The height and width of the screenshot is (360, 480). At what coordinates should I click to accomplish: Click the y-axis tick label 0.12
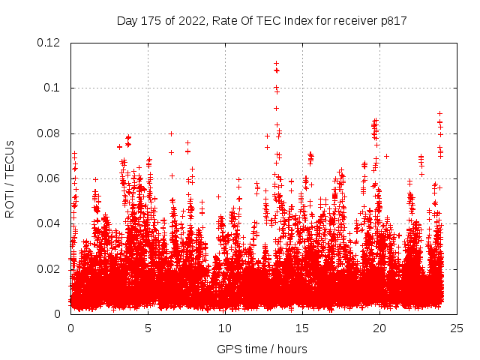tap(49, 43)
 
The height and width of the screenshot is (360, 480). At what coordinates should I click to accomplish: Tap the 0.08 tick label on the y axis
tap(49, 133)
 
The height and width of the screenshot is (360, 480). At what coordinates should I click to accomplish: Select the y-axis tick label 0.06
tap(49, 178)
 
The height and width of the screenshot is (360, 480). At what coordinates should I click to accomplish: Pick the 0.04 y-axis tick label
tap(49, 223)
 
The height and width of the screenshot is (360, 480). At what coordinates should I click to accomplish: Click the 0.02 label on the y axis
tap(49, 269)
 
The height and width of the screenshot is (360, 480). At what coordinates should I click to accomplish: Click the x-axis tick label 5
tap(148, 328)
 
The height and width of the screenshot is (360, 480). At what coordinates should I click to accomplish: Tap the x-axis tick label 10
tap(225, 328)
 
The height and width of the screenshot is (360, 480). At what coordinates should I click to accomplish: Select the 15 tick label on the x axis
tap(302, 328)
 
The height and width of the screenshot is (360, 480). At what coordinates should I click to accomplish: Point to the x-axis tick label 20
tap(379, 328)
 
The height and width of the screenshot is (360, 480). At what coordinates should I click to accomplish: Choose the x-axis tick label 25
tap(457, 328)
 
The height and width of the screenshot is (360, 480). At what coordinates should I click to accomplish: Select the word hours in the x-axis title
tap(291, 349)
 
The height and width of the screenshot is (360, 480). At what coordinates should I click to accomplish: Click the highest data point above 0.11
tap(276, 64)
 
